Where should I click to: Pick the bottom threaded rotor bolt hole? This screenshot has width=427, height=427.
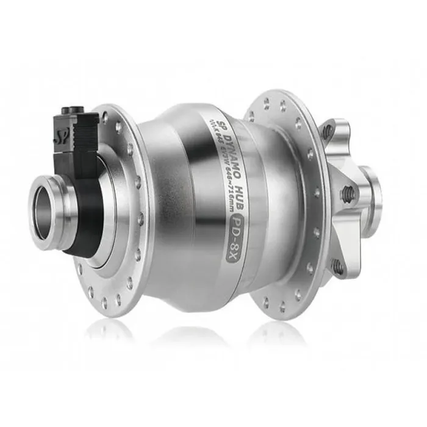tap(336, 266)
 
